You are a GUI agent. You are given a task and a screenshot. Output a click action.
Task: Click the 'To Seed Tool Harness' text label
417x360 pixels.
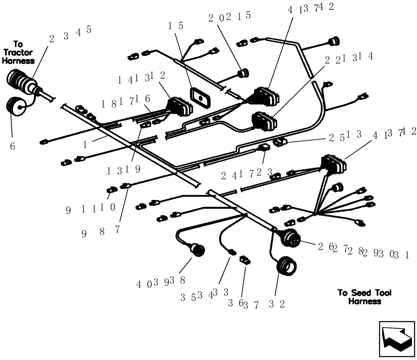pos(364,297)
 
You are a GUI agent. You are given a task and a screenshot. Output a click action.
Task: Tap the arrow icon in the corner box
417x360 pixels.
pos(397,338)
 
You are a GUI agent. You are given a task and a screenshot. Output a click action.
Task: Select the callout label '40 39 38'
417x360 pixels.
pos(161,283)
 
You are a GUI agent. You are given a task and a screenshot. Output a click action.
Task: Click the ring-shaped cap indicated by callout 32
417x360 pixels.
pos(286,267)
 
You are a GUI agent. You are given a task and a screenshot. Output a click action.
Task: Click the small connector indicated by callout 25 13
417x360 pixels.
pos(279,143)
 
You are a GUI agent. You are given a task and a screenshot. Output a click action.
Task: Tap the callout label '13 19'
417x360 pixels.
pos(124,170)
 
